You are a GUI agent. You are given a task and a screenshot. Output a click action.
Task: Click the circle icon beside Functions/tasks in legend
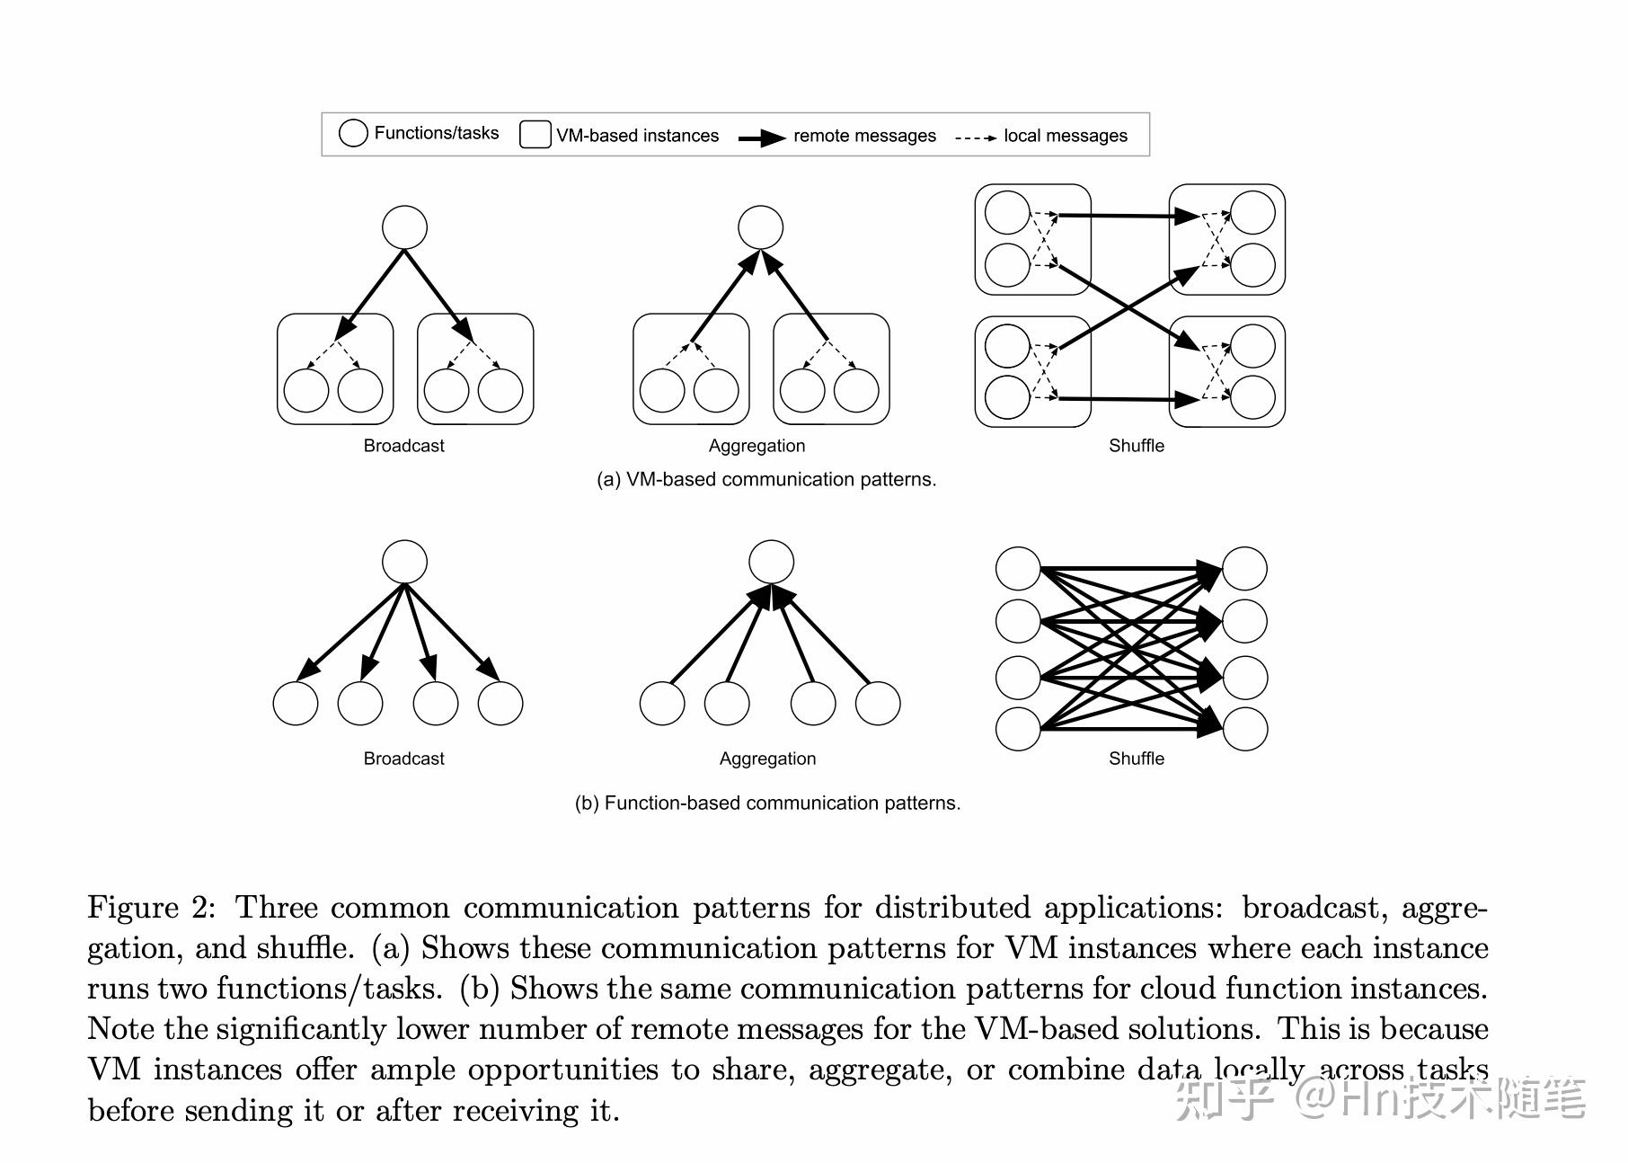(353, 133)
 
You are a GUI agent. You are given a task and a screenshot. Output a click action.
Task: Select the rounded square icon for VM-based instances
(535, 135)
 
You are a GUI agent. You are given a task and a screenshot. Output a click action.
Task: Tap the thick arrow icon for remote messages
(762, 138)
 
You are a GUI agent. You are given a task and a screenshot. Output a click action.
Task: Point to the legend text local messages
(1065, 136)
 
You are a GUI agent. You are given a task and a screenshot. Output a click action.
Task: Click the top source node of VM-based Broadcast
(404, 227)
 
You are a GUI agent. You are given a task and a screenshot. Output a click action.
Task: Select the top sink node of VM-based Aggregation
(760, 227)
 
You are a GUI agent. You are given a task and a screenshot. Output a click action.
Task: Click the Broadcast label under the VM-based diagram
(403, 446)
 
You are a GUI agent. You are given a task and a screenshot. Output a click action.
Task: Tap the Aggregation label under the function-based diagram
(767, 759)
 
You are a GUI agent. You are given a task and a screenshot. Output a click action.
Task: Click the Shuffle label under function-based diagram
(1136, 759)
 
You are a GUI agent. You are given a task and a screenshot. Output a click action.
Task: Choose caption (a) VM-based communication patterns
(766, 480)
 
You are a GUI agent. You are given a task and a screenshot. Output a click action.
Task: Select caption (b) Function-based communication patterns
(767, 803)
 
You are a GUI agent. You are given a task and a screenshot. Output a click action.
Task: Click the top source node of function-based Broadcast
(404, 563)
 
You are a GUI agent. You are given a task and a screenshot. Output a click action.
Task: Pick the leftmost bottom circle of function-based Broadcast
(295, 703)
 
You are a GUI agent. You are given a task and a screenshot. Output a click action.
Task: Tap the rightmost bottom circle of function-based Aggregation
(878, 703)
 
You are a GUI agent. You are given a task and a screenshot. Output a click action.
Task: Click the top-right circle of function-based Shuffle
(1244, 568)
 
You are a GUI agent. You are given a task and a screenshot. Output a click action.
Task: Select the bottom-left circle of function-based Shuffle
(1018, 729)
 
